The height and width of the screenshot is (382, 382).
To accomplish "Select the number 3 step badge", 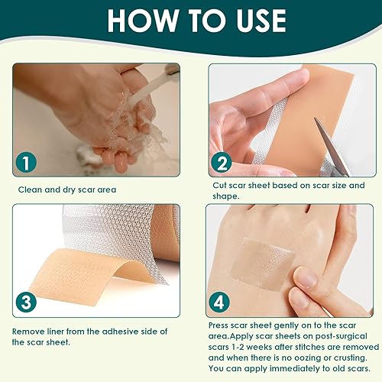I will (x=28, y=301).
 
